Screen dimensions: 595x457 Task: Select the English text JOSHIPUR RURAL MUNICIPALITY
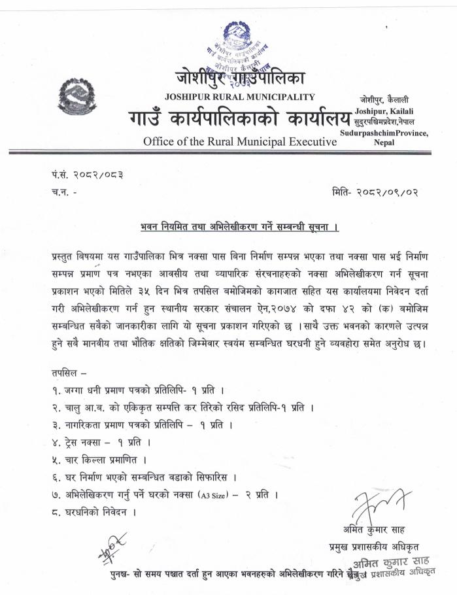tap(240, 97)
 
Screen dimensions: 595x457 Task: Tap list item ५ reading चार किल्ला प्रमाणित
tap(97, 460)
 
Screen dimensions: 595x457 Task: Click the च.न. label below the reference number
tap(62, 194)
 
